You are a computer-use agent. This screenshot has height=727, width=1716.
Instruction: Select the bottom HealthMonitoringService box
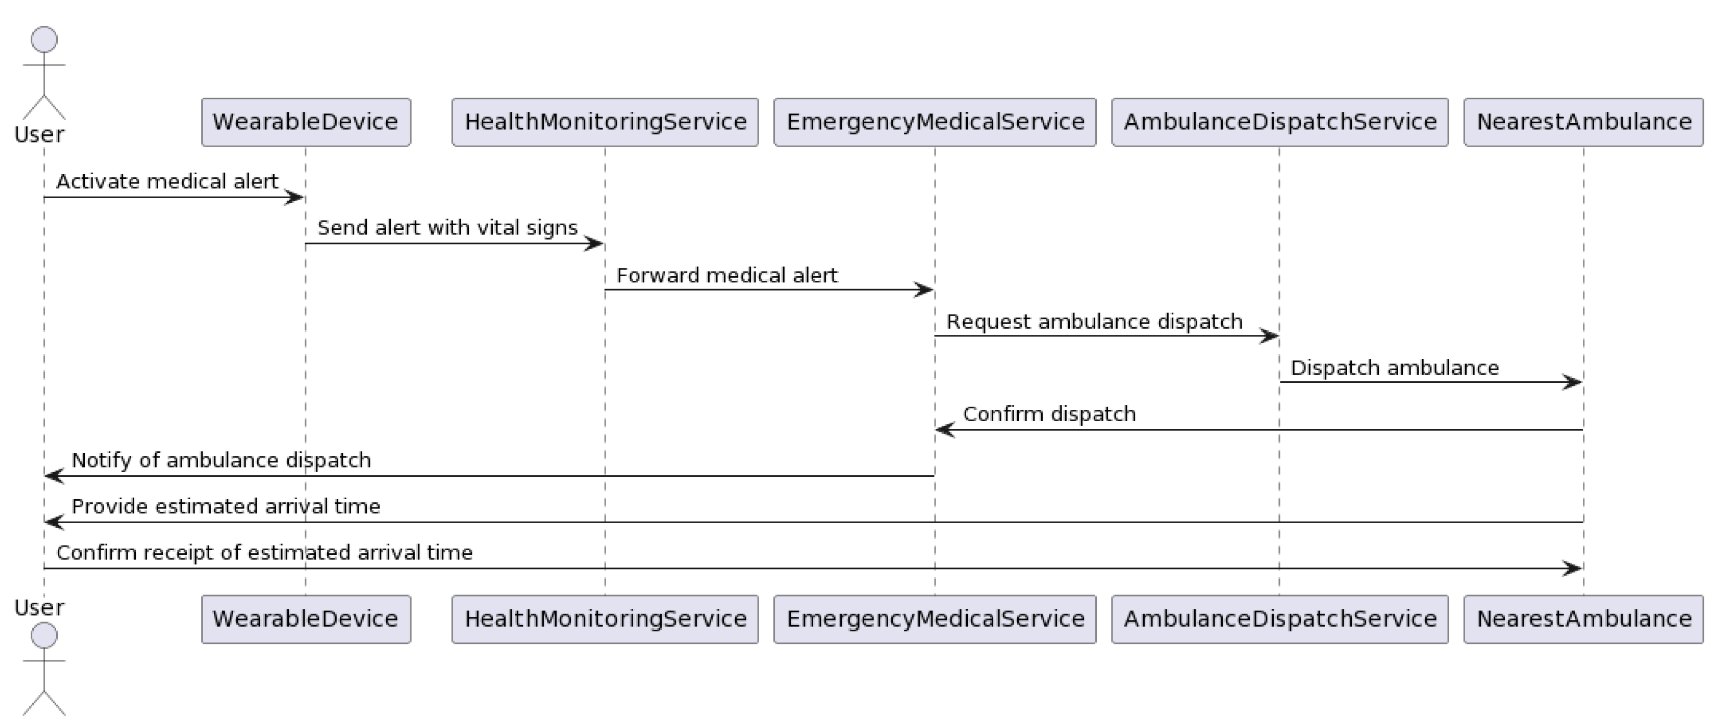point(605,619)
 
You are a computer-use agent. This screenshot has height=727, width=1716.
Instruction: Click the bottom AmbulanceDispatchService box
point(1279,619)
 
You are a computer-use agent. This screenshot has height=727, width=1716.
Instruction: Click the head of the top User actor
point(44,40)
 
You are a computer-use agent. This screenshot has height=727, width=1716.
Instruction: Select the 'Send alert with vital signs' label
point(447,228)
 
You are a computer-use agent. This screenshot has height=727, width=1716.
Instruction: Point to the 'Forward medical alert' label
point(727,275)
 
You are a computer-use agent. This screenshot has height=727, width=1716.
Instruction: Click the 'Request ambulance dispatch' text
point(1094,321)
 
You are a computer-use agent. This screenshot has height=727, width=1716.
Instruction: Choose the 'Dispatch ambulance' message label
point(1395,368)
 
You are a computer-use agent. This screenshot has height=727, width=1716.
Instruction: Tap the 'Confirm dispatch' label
point(1049,414)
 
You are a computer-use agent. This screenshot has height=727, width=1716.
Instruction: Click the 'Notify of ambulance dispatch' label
point(221,460)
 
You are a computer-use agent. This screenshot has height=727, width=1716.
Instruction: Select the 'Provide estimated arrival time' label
point(226,507)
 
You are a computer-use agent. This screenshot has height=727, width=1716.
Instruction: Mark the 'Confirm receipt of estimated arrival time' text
point(264,553)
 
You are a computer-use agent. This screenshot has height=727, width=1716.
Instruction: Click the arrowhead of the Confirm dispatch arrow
point(944,430)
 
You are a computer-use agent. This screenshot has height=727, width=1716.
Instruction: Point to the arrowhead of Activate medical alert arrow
point(295,197)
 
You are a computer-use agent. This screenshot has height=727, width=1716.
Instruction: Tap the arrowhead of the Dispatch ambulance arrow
point(1573,382)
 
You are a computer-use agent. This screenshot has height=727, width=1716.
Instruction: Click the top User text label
point(40,135)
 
